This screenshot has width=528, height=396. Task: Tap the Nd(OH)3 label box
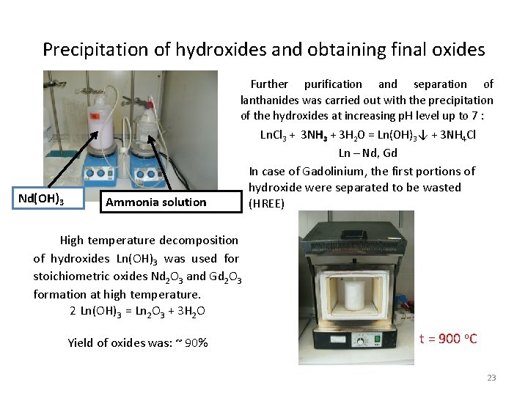40,198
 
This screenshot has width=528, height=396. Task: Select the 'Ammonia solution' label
156,202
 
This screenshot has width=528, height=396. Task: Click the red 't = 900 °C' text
448,338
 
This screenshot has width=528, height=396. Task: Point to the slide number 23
491,378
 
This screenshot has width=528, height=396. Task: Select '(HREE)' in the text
266,203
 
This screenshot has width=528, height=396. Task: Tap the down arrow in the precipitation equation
427,135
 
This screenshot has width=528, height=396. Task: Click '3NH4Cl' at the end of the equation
458,136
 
